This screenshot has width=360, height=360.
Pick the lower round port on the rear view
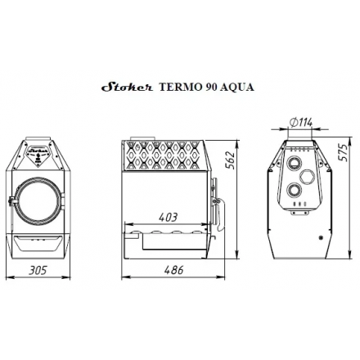[292, 191]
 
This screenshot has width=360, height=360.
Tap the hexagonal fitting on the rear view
[307, 177]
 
